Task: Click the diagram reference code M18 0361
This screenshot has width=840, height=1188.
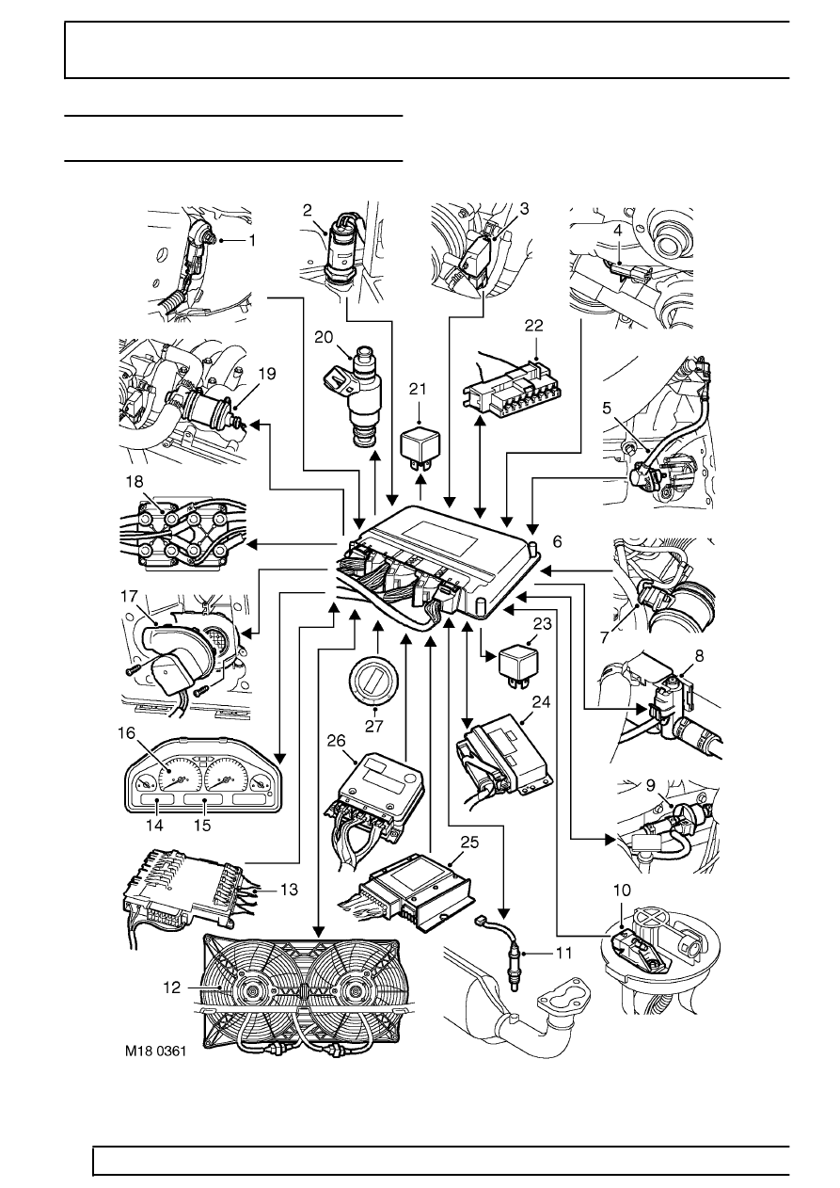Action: click(154, 1054)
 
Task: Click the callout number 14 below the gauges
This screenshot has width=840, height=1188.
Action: click(154, 826)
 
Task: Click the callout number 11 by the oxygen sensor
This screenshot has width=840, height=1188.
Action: click(563, 953)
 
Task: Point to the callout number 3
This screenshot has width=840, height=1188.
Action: click(523, 212)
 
